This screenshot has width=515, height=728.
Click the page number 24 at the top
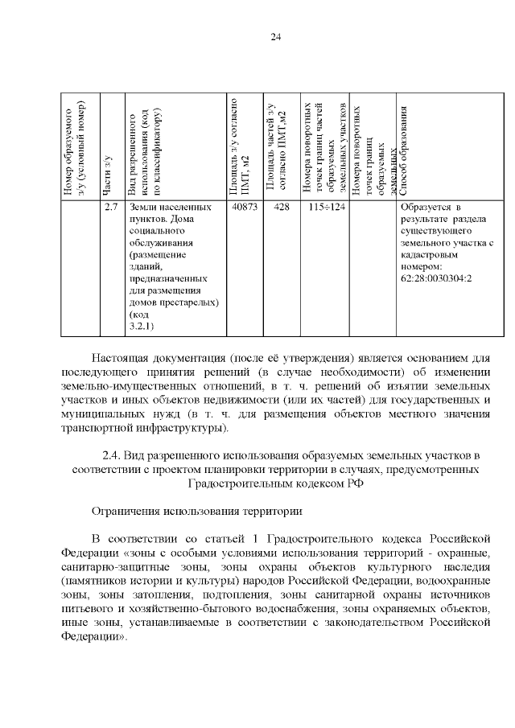(x=275, y=37)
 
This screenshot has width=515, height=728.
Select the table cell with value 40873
(x=243, y=208)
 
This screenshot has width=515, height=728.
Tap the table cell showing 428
(x=281, y=208)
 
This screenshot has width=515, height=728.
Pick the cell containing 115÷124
(x=326, y=208)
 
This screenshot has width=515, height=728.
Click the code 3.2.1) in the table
(x=141, y=326)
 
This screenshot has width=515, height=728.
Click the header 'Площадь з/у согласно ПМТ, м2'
(x=239, y=148)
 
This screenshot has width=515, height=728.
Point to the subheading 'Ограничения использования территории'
(x=197, y=511)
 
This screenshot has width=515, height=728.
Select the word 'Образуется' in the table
(x=424, y=208)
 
